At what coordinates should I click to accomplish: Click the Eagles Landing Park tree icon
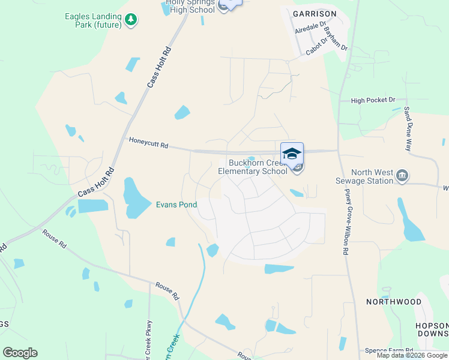tap(130, 20)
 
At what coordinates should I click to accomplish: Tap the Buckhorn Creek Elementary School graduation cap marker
tap(292, 154)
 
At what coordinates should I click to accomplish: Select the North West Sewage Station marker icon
tap(403, 176)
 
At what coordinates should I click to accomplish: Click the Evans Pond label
tap(176, 205)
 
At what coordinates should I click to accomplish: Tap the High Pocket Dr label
tap(373, 100)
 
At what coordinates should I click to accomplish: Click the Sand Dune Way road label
tap(408, 128)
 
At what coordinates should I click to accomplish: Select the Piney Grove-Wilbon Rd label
tap(346, 222)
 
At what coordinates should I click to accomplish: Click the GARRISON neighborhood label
tap(315, 13)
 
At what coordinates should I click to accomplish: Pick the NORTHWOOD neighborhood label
tap(394, 302)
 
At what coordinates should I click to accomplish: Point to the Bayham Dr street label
tap(335, 38)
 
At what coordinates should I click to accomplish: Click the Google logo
tap(20, 353)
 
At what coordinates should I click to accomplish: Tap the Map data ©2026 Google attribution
tap(412, 355)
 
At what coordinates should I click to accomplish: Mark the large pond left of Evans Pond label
tap(137, 198)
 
